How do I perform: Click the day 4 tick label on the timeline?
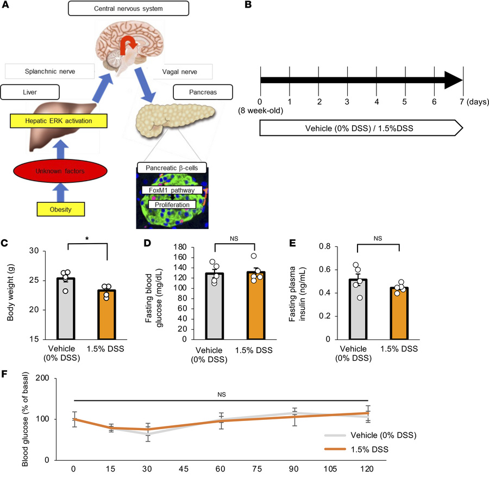pos(376,102)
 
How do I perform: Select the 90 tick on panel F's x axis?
pos(294,469)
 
